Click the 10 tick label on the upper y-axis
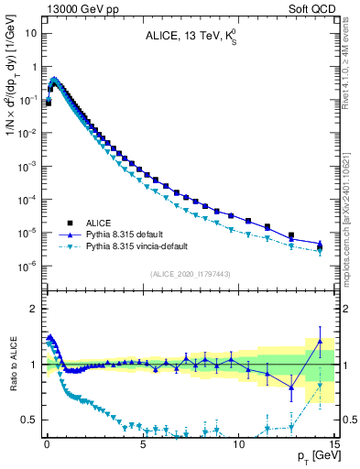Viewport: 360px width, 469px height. point(31,33)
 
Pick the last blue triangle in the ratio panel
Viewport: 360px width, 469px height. point(320,342)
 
